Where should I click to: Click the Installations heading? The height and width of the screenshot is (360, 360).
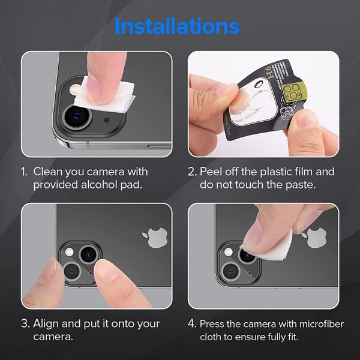pos(176,26)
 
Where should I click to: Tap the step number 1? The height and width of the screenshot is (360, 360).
pos(24,172)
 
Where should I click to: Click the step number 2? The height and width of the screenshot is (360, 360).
pos(191,172)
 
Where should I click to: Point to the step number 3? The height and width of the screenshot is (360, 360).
pos(25,323)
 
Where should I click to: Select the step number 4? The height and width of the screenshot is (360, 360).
pos(191,323)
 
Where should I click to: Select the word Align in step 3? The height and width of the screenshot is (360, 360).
pos(47,323)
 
